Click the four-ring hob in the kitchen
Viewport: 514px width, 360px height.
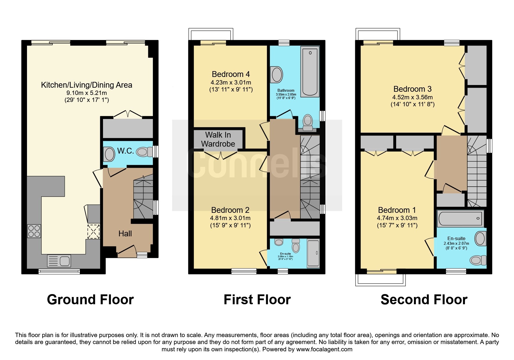tap(34, 231)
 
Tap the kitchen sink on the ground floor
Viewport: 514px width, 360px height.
tap(59, 260)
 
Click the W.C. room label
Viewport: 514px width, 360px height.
tap(125, 151)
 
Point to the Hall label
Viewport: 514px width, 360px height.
tap(125, 233)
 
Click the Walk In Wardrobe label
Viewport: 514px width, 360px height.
tap(218, 139)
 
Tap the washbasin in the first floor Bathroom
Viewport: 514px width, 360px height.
tap(277, 75)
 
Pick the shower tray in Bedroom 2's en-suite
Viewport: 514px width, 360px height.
tap(313, 253)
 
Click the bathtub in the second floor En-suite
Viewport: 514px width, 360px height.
tap(460, 218)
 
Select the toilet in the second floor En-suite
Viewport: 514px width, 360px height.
tap(478, 260)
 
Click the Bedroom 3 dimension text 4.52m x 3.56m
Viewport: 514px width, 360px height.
tap(412, 97)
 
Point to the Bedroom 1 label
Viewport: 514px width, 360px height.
tap(397, 210)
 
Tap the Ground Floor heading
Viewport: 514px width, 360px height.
tap(90, 300)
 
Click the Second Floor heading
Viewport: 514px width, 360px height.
tap(424, 300)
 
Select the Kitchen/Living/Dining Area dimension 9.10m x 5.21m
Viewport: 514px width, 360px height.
tap(86, 93)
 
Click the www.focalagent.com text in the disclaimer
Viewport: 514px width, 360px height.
tap(324, 349)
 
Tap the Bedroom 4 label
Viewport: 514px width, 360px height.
tap(231, 74)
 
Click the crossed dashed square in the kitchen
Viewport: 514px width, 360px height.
tap(93, 231)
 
